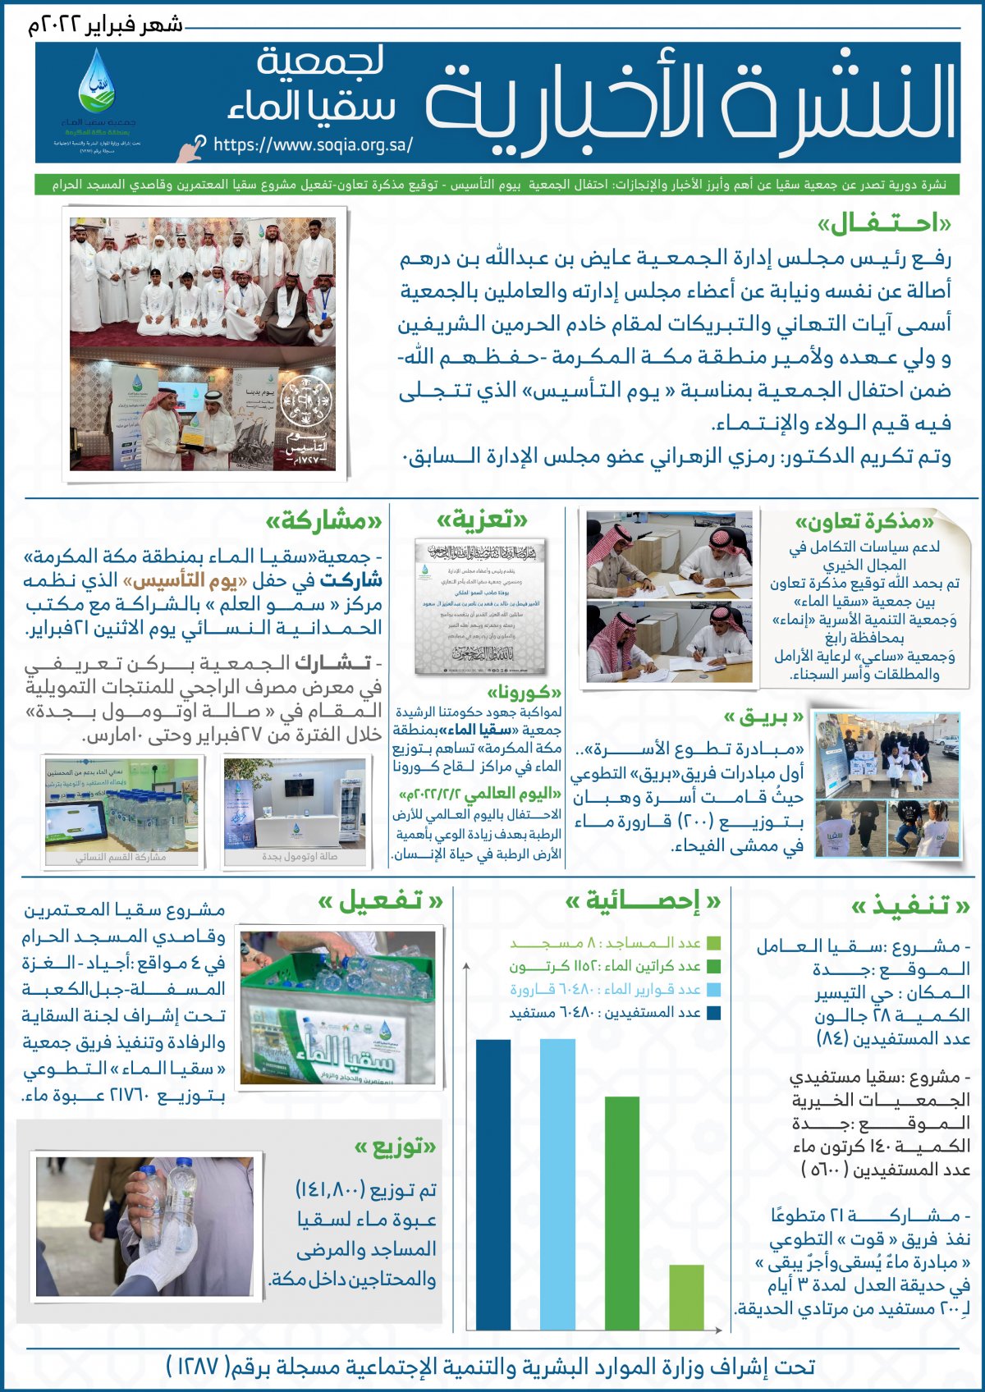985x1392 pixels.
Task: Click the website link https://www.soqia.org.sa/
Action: pos(313,145)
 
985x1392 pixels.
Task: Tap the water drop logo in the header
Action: pos(96,82)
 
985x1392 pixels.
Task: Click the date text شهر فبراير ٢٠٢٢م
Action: pos(105,25)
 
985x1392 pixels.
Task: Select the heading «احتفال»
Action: pos(884,224)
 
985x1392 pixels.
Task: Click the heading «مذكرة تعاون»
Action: pos(864,522)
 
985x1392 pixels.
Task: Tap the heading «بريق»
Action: pos(763,717)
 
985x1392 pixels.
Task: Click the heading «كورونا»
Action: pos(525,693)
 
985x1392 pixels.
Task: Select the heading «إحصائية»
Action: pos(643,902)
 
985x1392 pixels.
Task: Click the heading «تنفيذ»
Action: pos(910,905)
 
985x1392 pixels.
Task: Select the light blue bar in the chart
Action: pos(557,1184)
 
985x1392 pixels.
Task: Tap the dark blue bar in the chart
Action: pos(493,1184)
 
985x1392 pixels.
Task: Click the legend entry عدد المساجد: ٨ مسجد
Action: pos(616,944)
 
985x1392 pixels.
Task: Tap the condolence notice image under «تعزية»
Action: pos(480,607)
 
